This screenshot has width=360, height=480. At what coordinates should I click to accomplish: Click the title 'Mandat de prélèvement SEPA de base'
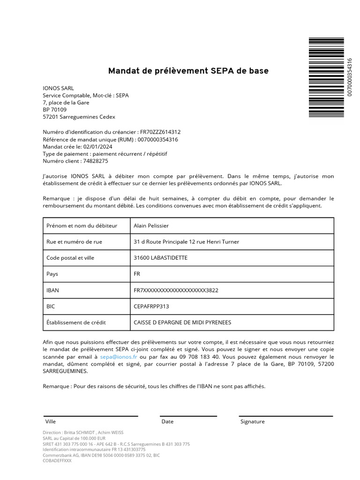pyautogui.click(x=188, y=71)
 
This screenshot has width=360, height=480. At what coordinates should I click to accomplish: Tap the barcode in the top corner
pyautogui.click(x=326, y=77)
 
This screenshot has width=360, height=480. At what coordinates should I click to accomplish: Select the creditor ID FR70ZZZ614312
pyautogui.click(x=160, y=132)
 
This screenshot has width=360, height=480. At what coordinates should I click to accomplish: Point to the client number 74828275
pyautogui.click(x=96, y=161)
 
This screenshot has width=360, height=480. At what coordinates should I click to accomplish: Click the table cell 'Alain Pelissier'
pyautogui.click(x=151, y=226)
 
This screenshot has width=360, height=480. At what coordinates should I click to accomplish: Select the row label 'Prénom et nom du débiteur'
pyautogui.click(x=82, y=226)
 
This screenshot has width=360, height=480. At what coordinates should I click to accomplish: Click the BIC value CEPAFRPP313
pyautogui.click(x=151, y=307)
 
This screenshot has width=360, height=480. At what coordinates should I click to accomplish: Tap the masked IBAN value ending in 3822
pyautogui.click(x=176, y=290)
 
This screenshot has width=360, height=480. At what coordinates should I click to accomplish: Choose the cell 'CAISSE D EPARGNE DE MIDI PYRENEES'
pyautogui.click(x=182, y=322)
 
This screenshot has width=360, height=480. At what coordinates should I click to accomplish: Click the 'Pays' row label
pyautogui.click(x=52, y=274)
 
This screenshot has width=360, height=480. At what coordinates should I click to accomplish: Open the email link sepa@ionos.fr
pyautogui.click(x=115, y=357)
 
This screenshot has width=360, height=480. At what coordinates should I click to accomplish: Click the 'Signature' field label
pyautogui.click(x=252, y=421)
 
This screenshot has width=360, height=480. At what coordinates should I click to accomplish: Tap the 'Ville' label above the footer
pyautogui.click(x=51, y=421)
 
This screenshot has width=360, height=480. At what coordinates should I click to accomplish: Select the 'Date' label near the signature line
pyautogui.click(x=167, y=421)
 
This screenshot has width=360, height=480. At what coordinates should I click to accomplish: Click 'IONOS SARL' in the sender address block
pyautogui.click(x=58, y=88)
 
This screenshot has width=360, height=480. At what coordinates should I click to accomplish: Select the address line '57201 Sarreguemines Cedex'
pyautogui.click(x=79, y=117)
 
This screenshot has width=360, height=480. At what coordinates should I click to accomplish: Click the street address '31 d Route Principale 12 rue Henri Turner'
pyautogui.click(x=187, y=242)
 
